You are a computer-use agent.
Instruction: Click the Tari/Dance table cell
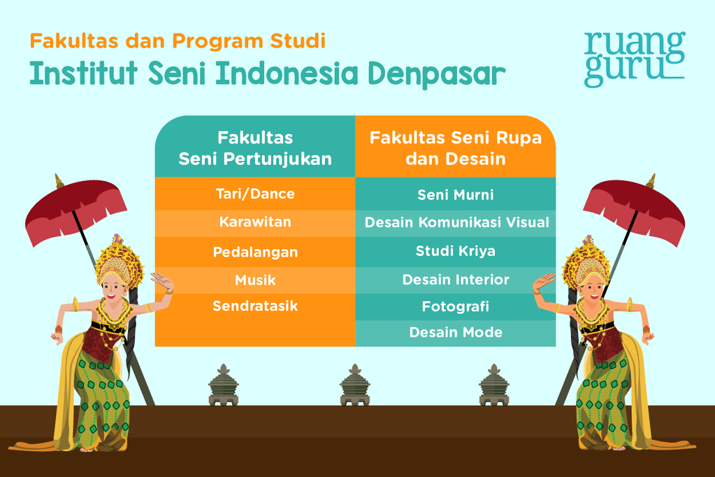pyautogui.click(x=255, y=194)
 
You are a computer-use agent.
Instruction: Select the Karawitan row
pyautogui.click(x=255, y=222)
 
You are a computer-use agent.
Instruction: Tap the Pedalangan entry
pyautogui.click(x=255, y=252)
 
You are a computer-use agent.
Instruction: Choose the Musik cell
pyautogui.click(x=255, y=280)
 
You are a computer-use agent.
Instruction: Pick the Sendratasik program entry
pyautogui.click(x=255, y=306)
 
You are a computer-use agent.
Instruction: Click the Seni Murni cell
pyautogui.click(x=456, y=195)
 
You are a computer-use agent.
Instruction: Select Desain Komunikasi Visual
pyautogui.click(x=456, y=223)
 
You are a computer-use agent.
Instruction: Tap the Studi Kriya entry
pyautogui.click(x=456, y=251)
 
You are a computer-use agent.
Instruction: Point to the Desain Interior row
pyautogui.click(x=456, y=280)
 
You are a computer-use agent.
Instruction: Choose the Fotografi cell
pyautogui.click(x=456, y=306)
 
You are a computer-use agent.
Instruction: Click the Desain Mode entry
pyautogui.click(x=456, y=333)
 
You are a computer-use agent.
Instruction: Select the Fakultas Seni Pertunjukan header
pyautogui.click(x=255, y=148)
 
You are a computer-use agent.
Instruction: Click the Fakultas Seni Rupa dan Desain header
pyautogui.click(x=456, y=148)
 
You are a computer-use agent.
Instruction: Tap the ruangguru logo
pyautogui.click(x=634, y=58)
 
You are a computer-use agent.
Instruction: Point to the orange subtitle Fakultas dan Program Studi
pyautogui.click(x=178, y=41)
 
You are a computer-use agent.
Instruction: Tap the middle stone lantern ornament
pyautogui.click(x=354, y=385)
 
